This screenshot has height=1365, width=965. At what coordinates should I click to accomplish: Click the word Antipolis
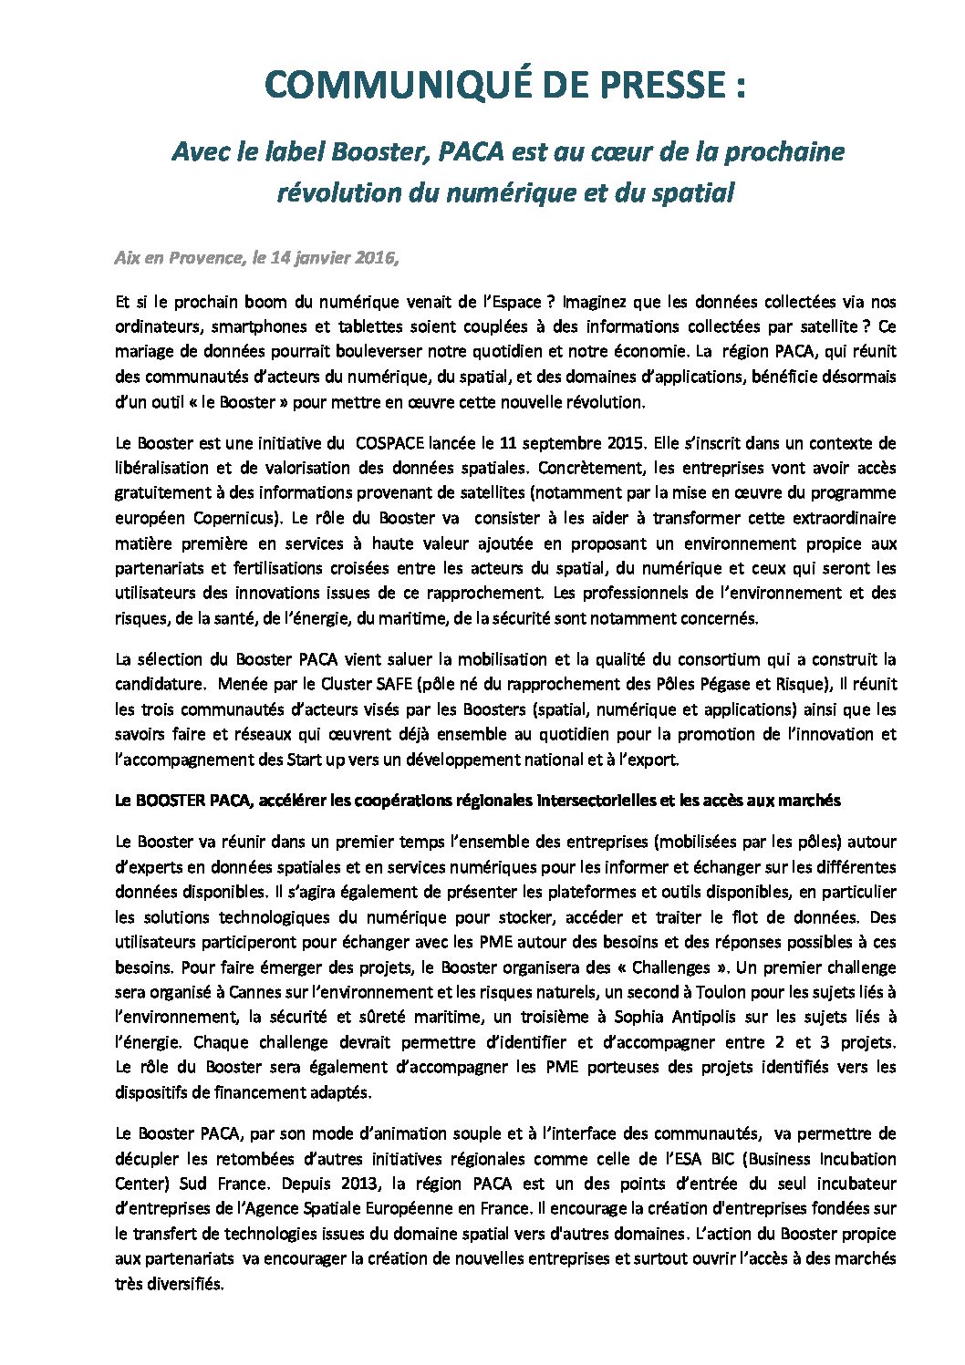(x=657, y=1017)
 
